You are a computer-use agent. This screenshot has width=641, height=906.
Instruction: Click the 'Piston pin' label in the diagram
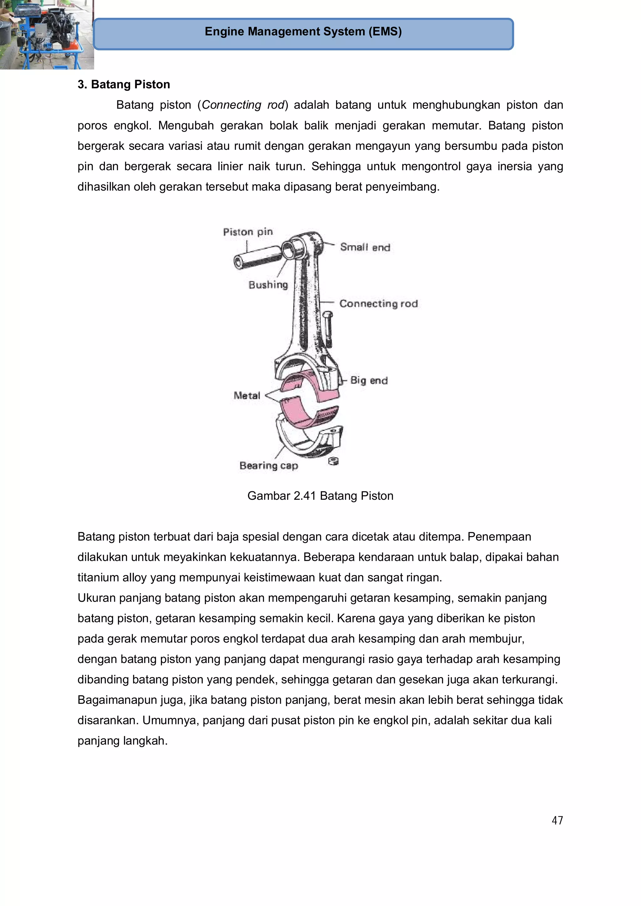(x=248, y=232)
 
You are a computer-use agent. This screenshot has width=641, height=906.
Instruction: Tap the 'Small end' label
(x=365, y=247)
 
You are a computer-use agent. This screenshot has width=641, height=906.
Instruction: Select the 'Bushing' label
(x=268, y=285)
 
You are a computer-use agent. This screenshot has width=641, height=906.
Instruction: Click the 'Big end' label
(x=369, y=380)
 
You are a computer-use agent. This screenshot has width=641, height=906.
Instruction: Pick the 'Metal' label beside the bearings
(x=247, y=395)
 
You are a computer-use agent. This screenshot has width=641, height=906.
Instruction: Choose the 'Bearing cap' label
(x=269, y=466)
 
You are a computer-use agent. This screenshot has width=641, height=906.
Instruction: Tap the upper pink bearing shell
(x=312, y=385)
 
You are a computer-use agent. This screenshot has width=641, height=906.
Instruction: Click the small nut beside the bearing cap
(x=334, y=461)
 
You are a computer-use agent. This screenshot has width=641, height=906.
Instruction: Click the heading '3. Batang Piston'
(x=124, y=84)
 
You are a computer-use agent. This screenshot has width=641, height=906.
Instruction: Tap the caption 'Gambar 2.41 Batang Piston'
(x=320, y=496)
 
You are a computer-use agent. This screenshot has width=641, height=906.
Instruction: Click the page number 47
(x=557, y=820)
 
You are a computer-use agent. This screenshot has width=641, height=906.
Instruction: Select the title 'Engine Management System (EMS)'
(x=303, y=32)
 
